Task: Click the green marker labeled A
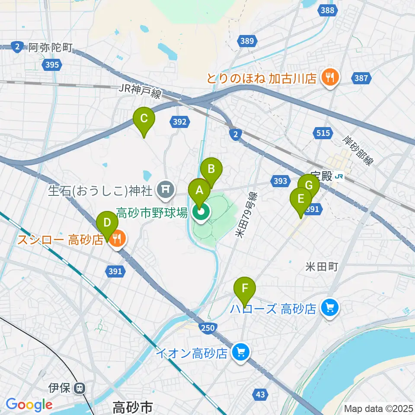click(199, 191)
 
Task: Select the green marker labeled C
click(144, 118)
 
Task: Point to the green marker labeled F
click(245, 288)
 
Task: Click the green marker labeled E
click(301, 199)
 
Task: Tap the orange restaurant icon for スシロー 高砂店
click(117, 237)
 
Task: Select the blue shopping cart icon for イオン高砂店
click(241, 352)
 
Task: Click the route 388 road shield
click(328, 10)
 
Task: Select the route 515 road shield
click(323, 133)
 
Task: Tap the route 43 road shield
click(260, 394)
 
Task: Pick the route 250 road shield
click(208, 328)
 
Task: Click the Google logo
click(29, 405)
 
